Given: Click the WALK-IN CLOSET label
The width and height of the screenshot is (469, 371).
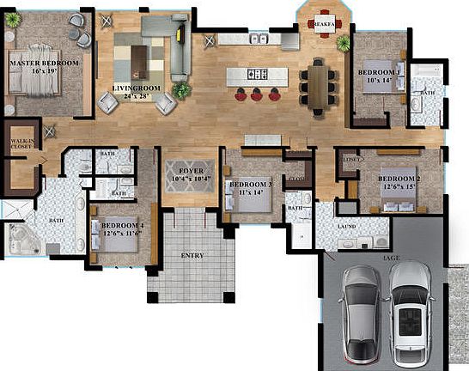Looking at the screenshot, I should click(x=21, y=143).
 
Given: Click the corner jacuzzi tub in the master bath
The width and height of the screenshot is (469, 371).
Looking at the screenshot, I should click(x=23, y=240).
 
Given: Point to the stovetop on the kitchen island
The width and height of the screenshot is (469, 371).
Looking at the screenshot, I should click(x=254, y=75).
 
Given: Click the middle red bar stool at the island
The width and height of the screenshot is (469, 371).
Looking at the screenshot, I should click(x=255, y=94).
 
